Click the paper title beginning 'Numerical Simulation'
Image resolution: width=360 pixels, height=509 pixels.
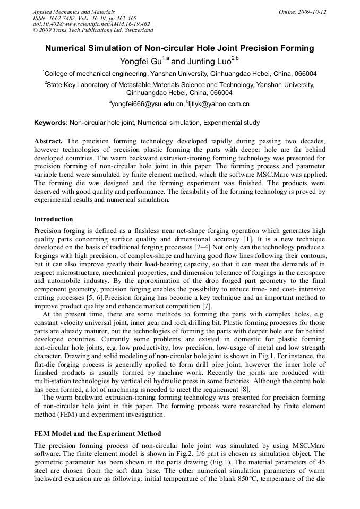pyautogui.click(x=179, y=48)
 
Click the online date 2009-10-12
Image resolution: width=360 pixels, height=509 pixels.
pyautogui.click(x=302, y=12)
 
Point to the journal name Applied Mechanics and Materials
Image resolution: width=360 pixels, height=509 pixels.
pyautogui.click(x=74, y=12)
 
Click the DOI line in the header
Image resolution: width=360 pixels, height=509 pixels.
pyautogui.click(x=91, y=24)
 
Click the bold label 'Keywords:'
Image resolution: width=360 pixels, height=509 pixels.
pyautogui.click(x=51, y=123)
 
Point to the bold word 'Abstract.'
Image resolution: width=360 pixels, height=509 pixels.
pyautogui.click(x=48, y=141)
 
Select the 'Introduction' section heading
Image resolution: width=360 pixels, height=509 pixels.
pyautogui.click(x=54, y=219)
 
